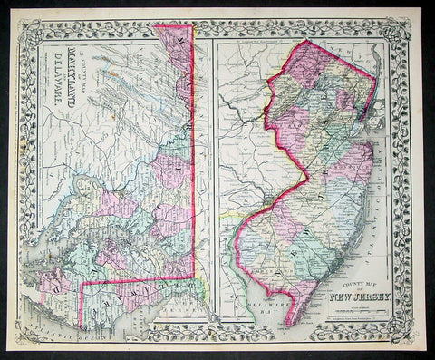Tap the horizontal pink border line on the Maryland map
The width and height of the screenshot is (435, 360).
(136, 278)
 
